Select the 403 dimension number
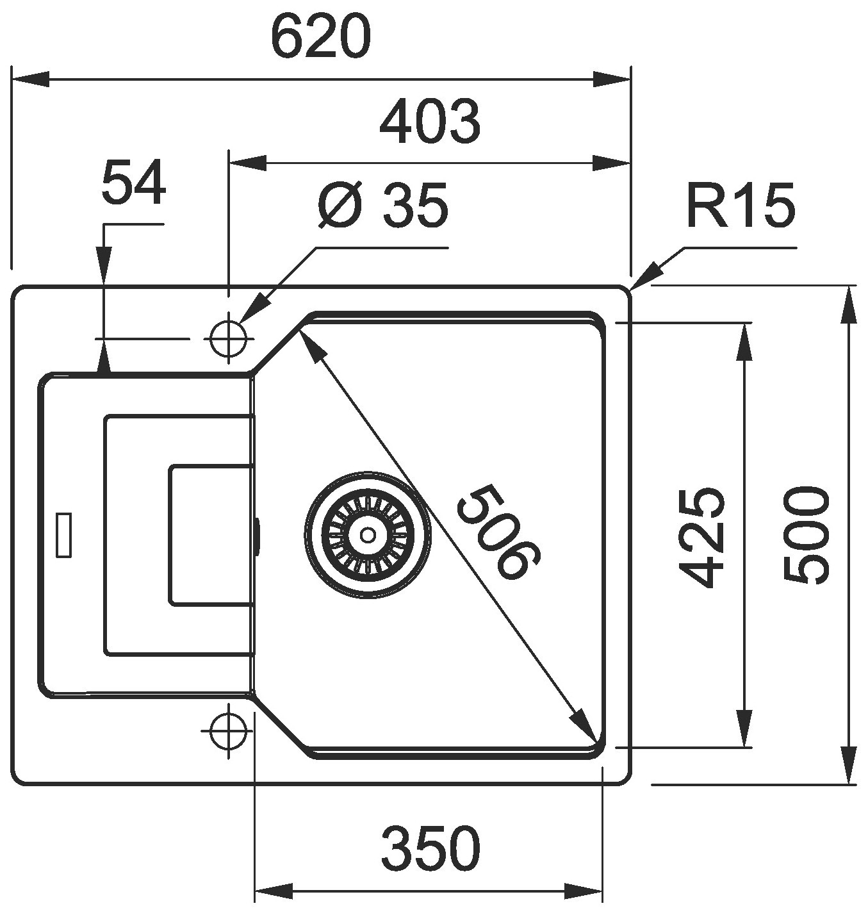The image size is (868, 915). (x=429, y=122)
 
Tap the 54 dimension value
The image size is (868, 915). (x=134, y=183)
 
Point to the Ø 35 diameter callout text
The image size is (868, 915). (x=383, y=206)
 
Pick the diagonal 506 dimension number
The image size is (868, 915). (x=499, y=532)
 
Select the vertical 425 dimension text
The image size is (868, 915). (x=702, y=538)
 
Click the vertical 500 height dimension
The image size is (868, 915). (x=805, y=536)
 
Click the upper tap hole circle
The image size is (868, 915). (x=228, y=338)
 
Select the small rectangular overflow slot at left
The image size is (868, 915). (x=64, y=534)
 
